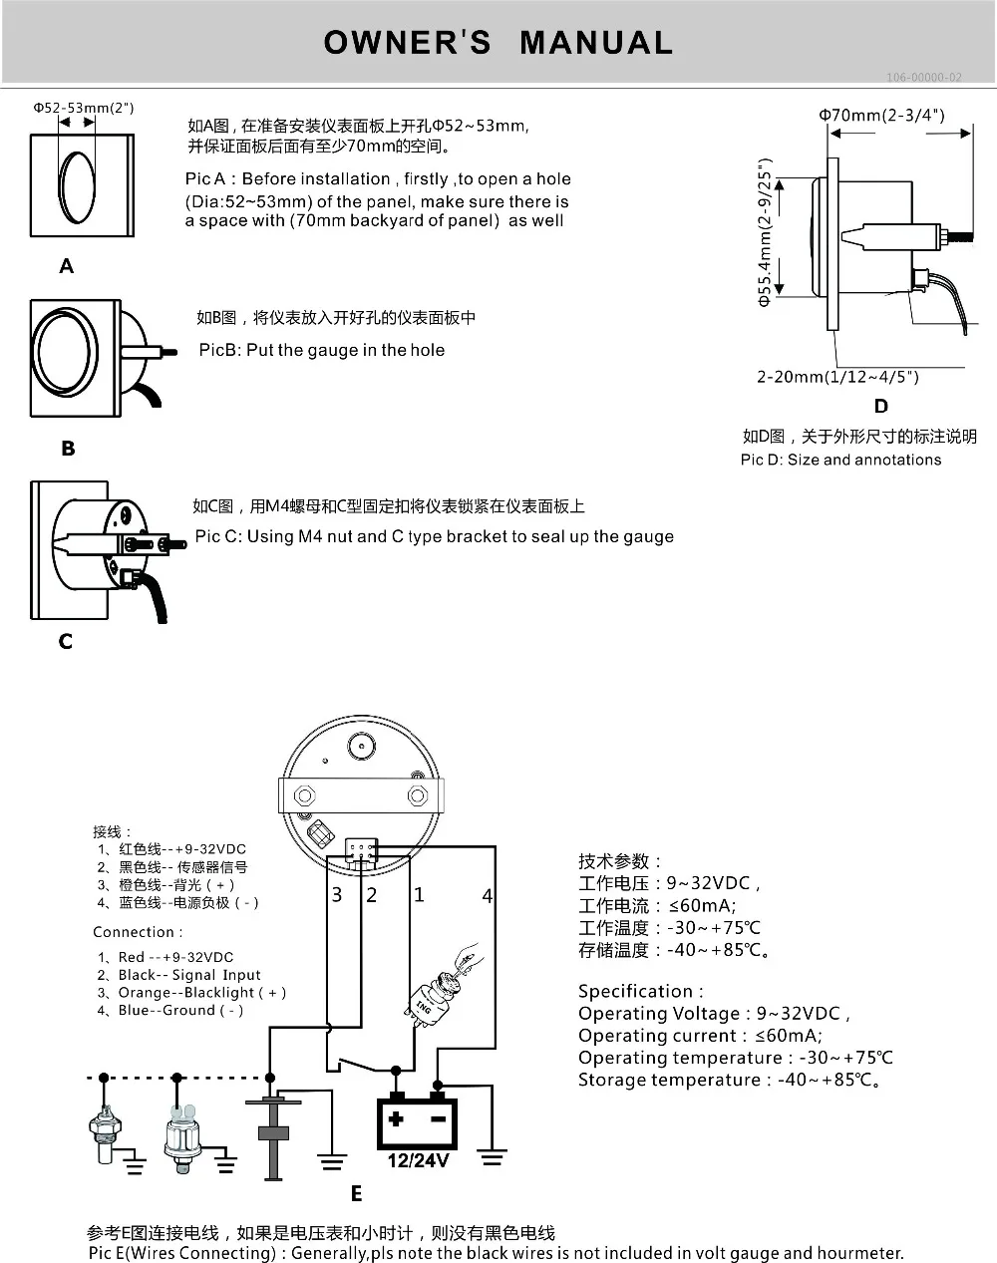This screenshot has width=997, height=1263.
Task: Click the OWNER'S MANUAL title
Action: pos(498,42)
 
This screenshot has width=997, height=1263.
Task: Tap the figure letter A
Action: pos(67,266)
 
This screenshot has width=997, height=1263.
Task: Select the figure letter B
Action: pos(68,449)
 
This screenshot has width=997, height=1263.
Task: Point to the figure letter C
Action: pos(66,641)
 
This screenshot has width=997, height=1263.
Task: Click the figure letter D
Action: pos(880,406)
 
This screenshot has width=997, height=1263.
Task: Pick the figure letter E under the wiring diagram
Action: pos(356,1193)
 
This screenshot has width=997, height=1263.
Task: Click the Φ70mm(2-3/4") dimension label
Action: pos(881,115)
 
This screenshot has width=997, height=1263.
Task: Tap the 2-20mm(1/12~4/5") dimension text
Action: pos(837,377)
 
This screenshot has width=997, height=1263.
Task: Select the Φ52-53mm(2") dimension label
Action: pos(83,108)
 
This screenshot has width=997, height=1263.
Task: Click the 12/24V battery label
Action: pos(418,1160)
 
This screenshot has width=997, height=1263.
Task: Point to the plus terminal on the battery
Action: pos(396,1117)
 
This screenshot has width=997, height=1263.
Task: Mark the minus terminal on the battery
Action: pos(438,1117)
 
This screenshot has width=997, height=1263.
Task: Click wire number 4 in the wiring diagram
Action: pos(487,896)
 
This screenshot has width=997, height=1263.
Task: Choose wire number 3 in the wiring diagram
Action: pos(337,894)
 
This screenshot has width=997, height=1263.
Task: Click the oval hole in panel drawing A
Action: pos(77,186)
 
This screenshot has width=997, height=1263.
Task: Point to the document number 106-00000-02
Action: pos(924,78)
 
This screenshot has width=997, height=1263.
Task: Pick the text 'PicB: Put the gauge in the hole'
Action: pos(321,350)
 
